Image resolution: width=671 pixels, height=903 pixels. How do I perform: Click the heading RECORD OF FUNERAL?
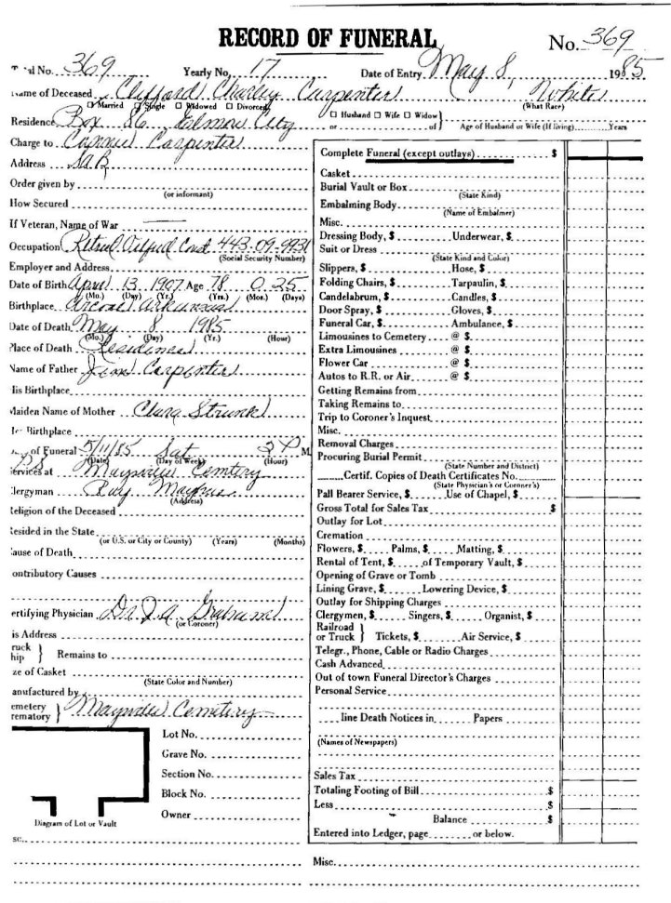point(326,37)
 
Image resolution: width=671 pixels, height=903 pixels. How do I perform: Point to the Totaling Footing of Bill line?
point(368,790)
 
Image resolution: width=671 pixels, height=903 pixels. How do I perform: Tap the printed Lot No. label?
point(181,735)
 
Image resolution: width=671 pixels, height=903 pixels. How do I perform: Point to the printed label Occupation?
point(34,247)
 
